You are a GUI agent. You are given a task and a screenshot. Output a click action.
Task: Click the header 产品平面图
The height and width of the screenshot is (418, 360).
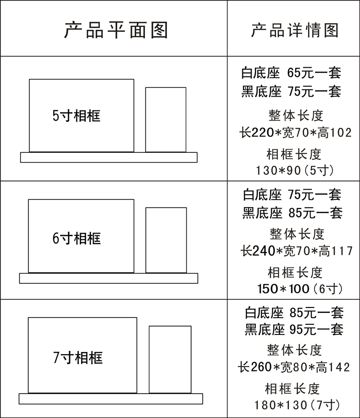[116, 30]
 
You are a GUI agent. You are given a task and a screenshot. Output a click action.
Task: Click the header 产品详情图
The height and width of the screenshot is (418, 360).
[294, 30]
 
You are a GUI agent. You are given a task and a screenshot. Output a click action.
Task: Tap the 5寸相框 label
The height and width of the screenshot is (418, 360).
[77, 116]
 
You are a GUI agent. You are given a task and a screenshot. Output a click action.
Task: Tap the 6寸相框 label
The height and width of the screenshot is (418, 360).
[77, 238]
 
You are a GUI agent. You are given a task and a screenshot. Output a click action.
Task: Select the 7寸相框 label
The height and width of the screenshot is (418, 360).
[78, 358]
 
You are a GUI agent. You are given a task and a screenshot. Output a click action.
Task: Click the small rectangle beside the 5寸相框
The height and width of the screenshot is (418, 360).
[166, 120]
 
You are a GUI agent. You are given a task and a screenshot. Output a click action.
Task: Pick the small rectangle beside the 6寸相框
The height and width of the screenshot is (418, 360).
[166, 240]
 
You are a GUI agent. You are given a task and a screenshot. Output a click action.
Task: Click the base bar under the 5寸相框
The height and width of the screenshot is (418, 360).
[108, 157]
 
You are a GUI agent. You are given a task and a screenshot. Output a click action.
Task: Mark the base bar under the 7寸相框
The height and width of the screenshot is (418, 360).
[110, 399]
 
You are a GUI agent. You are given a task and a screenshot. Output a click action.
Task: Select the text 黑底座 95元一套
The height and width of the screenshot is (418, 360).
[294, 330]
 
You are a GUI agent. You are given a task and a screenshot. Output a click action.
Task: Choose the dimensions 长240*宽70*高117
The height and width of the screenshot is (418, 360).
[297, 250]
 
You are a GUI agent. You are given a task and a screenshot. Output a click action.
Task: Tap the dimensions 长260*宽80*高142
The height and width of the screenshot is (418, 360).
[294, 368]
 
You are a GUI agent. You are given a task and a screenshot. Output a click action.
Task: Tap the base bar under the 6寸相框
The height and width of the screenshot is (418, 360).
[108, 278]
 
